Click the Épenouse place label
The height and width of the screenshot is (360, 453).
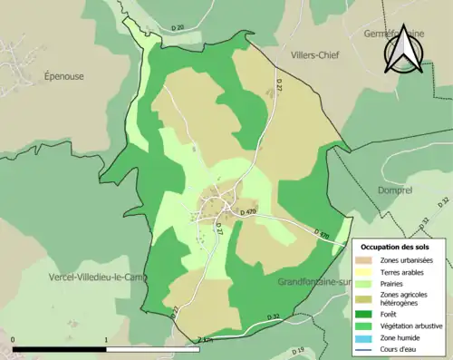pyautogui.click(x=63, y=77)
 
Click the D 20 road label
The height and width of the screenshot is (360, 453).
pyautogui.click(x=177, y=29)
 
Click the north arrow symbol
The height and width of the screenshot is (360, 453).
pyautogui.click(x=401, y=50)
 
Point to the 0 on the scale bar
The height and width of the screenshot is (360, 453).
pyautogui.click(x=14, y=340)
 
